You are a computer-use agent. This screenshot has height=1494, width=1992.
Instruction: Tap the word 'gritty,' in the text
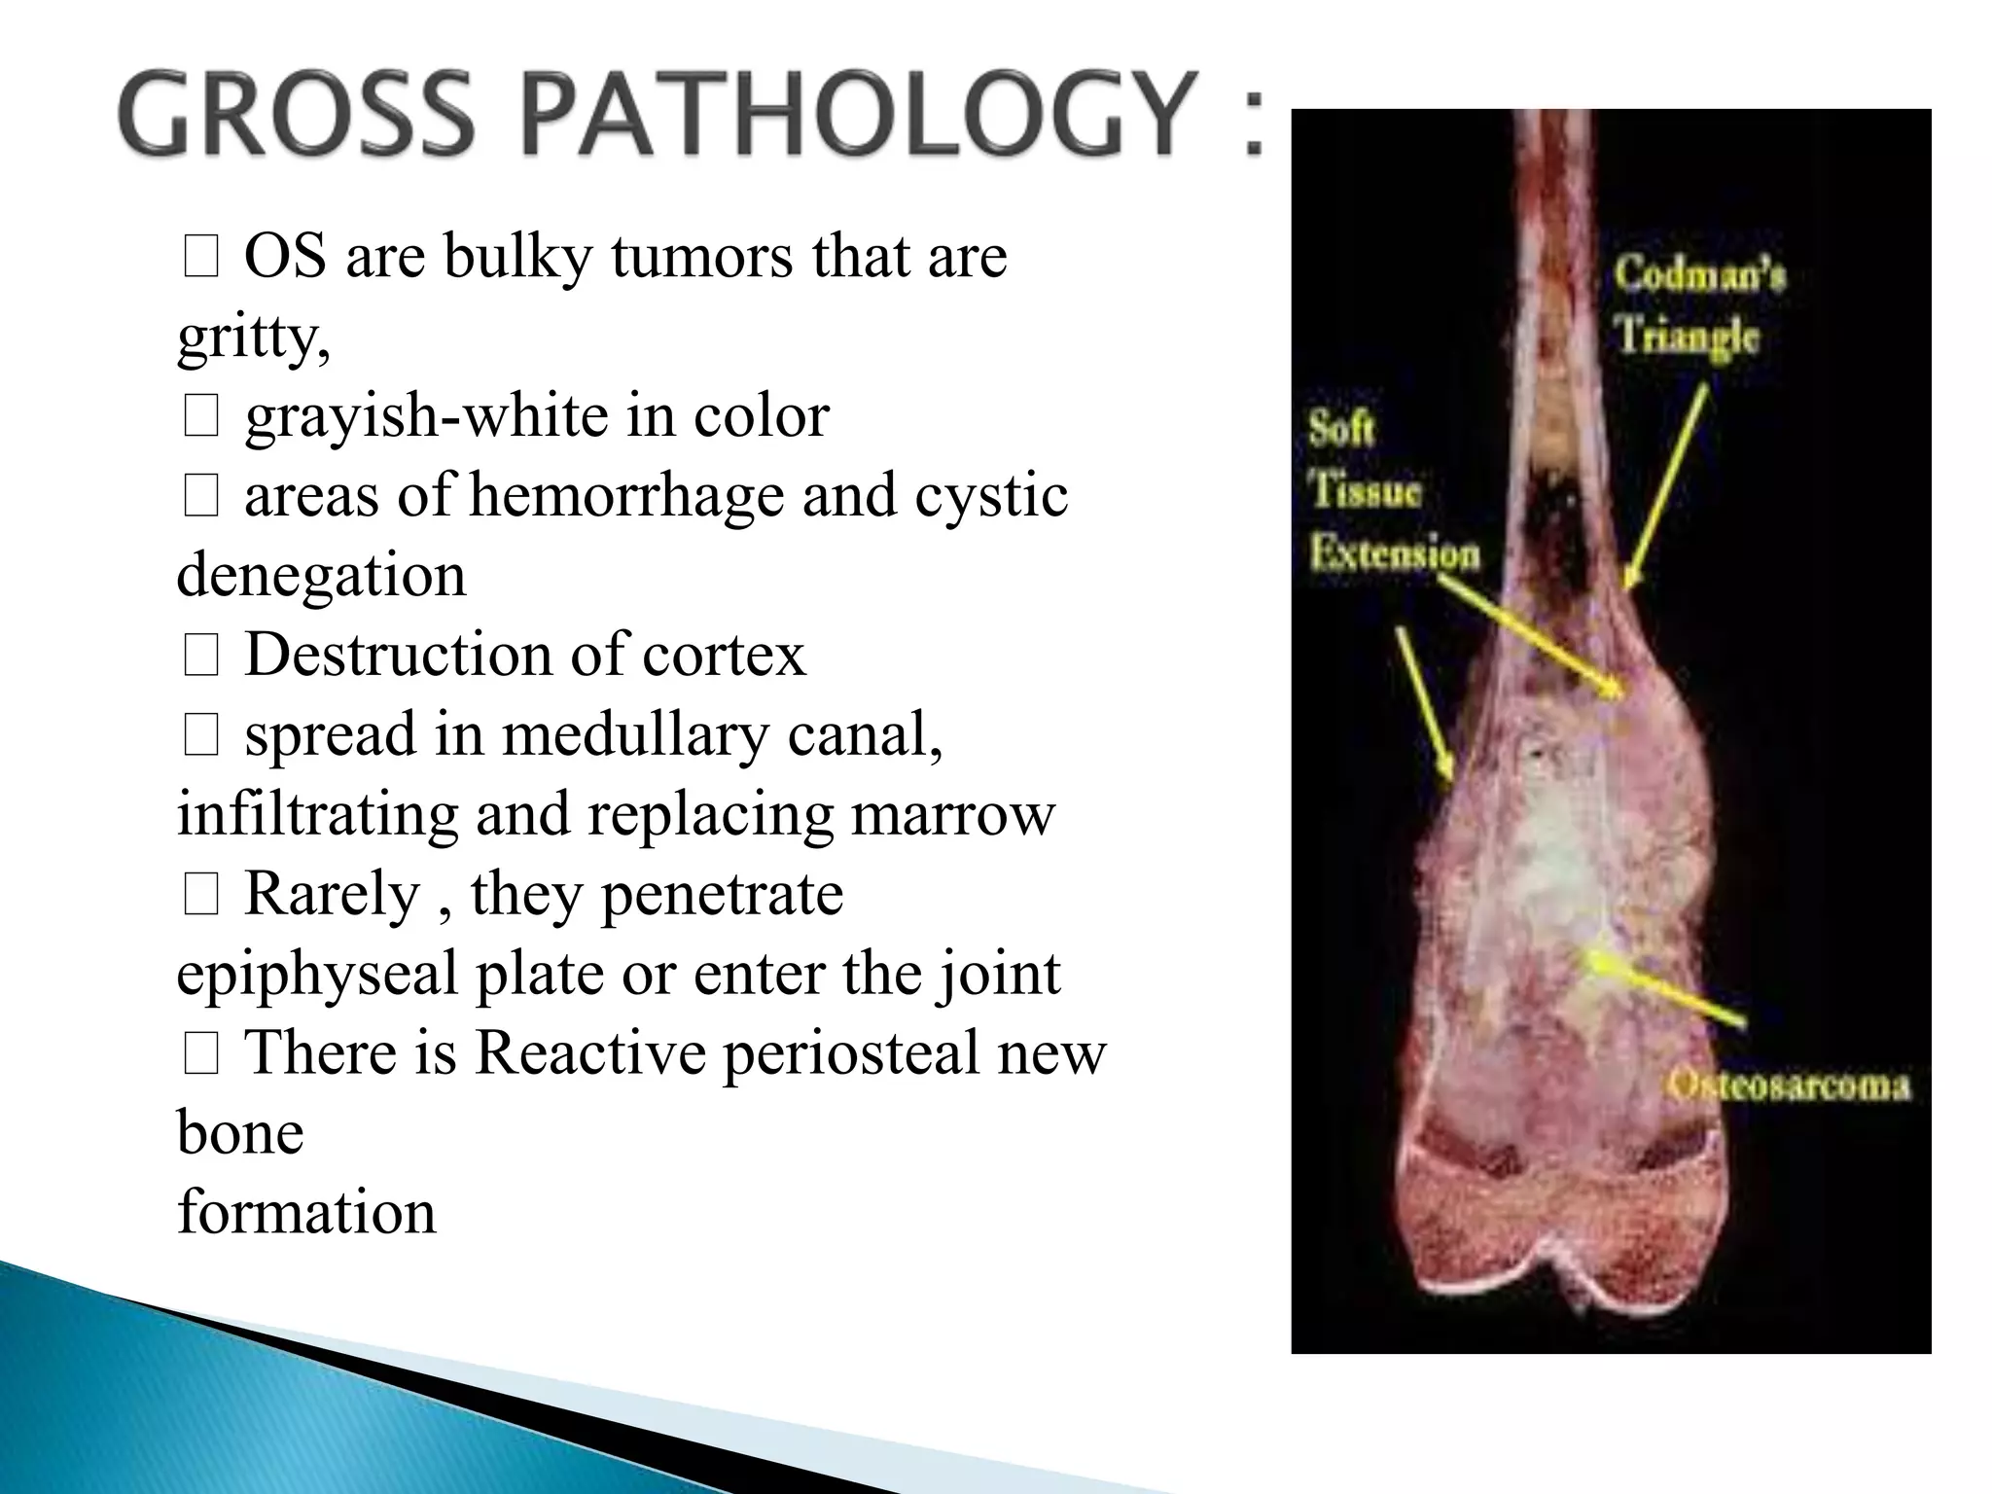(x=254, y=338)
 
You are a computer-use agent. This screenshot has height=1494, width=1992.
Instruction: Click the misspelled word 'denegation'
(x=321, y=576)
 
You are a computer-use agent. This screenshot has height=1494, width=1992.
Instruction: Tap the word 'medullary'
(x=635, y=734)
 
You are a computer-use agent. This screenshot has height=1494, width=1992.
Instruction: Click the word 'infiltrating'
(x=317, y=814)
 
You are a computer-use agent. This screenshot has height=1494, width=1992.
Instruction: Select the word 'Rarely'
(x=331, y=894)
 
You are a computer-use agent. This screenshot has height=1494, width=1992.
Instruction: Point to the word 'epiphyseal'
(x=316, y=974)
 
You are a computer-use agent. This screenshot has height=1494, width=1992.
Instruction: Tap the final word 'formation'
(x=306, y=1213)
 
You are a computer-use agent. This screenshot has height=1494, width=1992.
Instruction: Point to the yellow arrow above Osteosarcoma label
(x=1663, y=989)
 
